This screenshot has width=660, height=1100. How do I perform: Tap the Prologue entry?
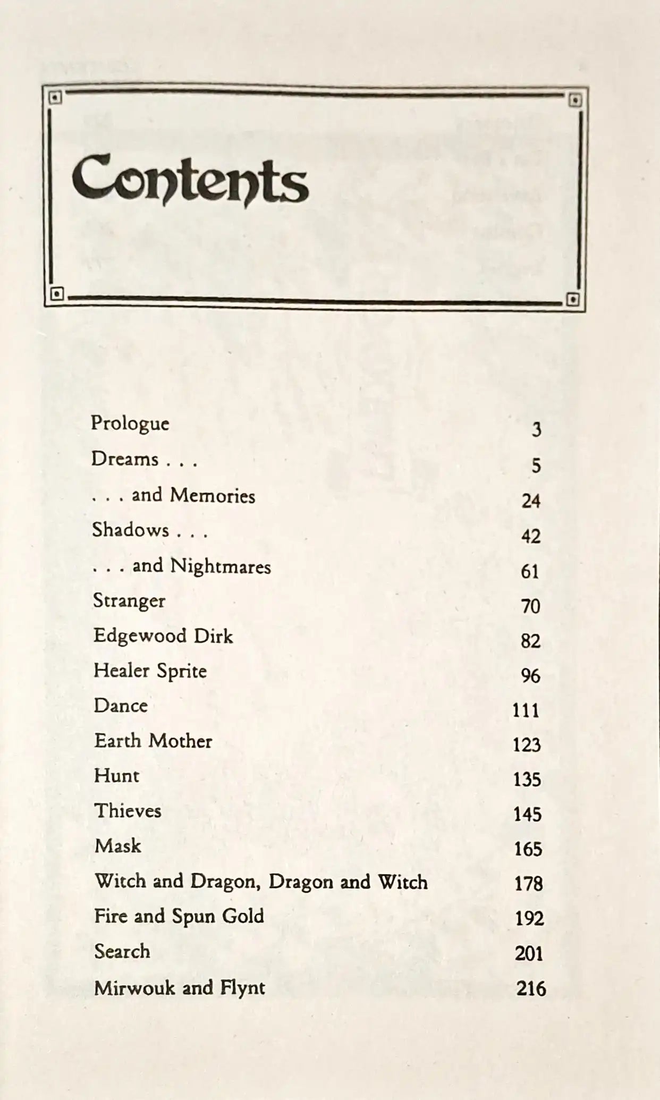(x=130, y=424)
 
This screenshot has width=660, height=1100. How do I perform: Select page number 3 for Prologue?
(x=536, y=429)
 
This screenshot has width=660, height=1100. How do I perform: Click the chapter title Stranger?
(x=129, y=602)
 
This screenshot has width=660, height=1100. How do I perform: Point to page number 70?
(x=530, y=606)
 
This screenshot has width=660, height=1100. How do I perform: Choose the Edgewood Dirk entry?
(x=163, y=636)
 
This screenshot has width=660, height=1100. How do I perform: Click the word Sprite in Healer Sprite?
(x=181, y=671)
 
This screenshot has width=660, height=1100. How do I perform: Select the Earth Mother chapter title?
(x=153, y=741)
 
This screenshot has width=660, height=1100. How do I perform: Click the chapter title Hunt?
(x=116, y=776)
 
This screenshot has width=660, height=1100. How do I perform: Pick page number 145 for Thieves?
(x=527, y=814)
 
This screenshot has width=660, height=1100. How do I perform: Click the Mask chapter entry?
(x=117, y=845)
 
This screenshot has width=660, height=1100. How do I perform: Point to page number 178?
(x=528, y=884)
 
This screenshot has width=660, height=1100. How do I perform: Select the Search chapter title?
(x=122, y=951)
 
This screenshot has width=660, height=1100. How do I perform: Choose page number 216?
(x=531, y=988)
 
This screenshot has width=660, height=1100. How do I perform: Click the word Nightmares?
(x=221, y=566)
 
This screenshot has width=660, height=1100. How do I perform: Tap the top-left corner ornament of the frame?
(x=55, y=98)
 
